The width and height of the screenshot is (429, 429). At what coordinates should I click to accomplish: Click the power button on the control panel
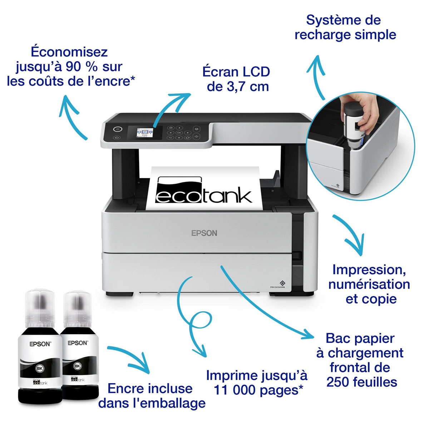tap(118, 129)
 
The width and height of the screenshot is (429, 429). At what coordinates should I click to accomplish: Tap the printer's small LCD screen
tap(145, 133)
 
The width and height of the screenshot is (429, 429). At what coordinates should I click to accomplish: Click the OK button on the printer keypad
tap(179, 133)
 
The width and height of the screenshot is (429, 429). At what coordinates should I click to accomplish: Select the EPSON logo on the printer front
tap(204, 233)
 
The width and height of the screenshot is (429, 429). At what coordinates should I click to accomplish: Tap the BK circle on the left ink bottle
tap(39, 369)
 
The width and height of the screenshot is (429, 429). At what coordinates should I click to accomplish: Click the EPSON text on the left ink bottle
tap(40, 344)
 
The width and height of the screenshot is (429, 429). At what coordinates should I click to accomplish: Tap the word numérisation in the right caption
tap(369, 284)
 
